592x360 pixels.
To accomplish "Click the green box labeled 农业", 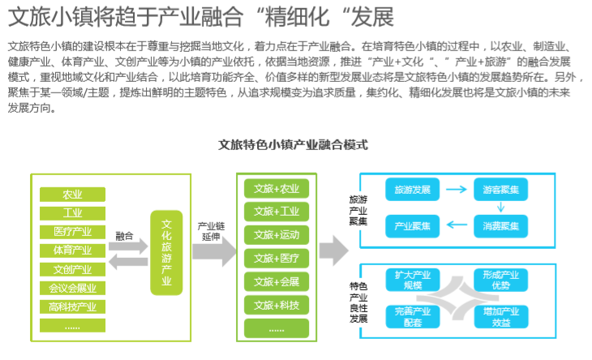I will pyautogui.click(x=73, y=195).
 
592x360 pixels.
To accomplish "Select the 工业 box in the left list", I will pyautogui.click(x=73, y=213).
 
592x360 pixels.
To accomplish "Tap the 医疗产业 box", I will pyautogui.click(x=73, y=232).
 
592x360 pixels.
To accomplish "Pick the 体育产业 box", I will pyautogui.click(x=73, y=251).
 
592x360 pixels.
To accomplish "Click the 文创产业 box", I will pyautogui.click(x=73, y=269).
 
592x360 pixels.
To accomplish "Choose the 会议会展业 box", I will pyautogui.click(x=73, y=288).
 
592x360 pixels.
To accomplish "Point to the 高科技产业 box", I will pyautogui.click(x=73, y=306).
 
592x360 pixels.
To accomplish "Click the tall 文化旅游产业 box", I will pyautogui.click(x=166, y=252).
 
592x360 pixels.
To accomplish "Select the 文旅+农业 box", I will pyautogui.click(x=276, y=189).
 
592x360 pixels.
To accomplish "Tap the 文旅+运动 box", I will pyautogui.click(x=276, y=236).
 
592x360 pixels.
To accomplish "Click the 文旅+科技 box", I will pyautogui.click(x=276, y=306).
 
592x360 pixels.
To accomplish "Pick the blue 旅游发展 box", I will pyautogui.click(x=412, y=191).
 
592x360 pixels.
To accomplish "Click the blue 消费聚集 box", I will pyautogui.click(x=500, y=225).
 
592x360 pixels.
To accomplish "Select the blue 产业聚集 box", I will pyautogui.click(x=412, y=225).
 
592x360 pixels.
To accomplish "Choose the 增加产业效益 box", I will pyautogui.click(x=500, y=317).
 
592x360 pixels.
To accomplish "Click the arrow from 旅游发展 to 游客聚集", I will pyautogui.click(x=456, y=191).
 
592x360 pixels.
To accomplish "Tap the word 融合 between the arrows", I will pyautogui.click(x=124, y=237).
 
